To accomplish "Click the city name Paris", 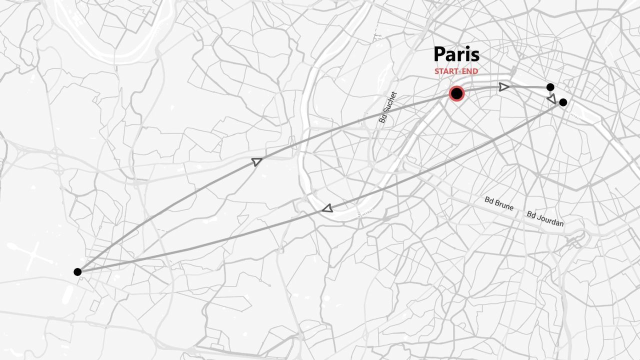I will click(x=456, y=54).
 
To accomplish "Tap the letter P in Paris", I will click(x=439, y=54).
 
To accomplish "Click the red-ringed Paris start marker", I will click(x=456, y=93).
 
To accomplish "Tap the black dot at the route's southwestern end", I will click(x=77, y=272).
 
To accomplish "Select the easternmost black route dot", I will click(x=563, y=102).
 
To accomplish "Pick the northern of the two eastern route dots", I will click(x=550, y=87).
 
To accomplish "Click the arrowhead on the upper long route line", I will click(x=256, y=161).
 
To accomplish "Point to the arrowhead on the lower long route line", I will click(x=327, y=208).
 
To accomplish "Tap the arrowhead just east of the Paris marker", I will click(x=504, y=87).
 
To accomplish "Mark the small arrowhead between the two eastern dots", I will click(x=552, y=99).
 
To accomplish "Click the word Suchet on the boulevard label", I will click(x=389, y=105).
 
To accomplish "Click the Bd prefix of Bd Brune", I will click(x=489, y=200).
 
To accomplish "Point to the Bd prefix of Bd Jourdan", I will click(x=531, y=214).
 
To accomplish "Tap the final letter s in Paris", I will click(x=474, y=56).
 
